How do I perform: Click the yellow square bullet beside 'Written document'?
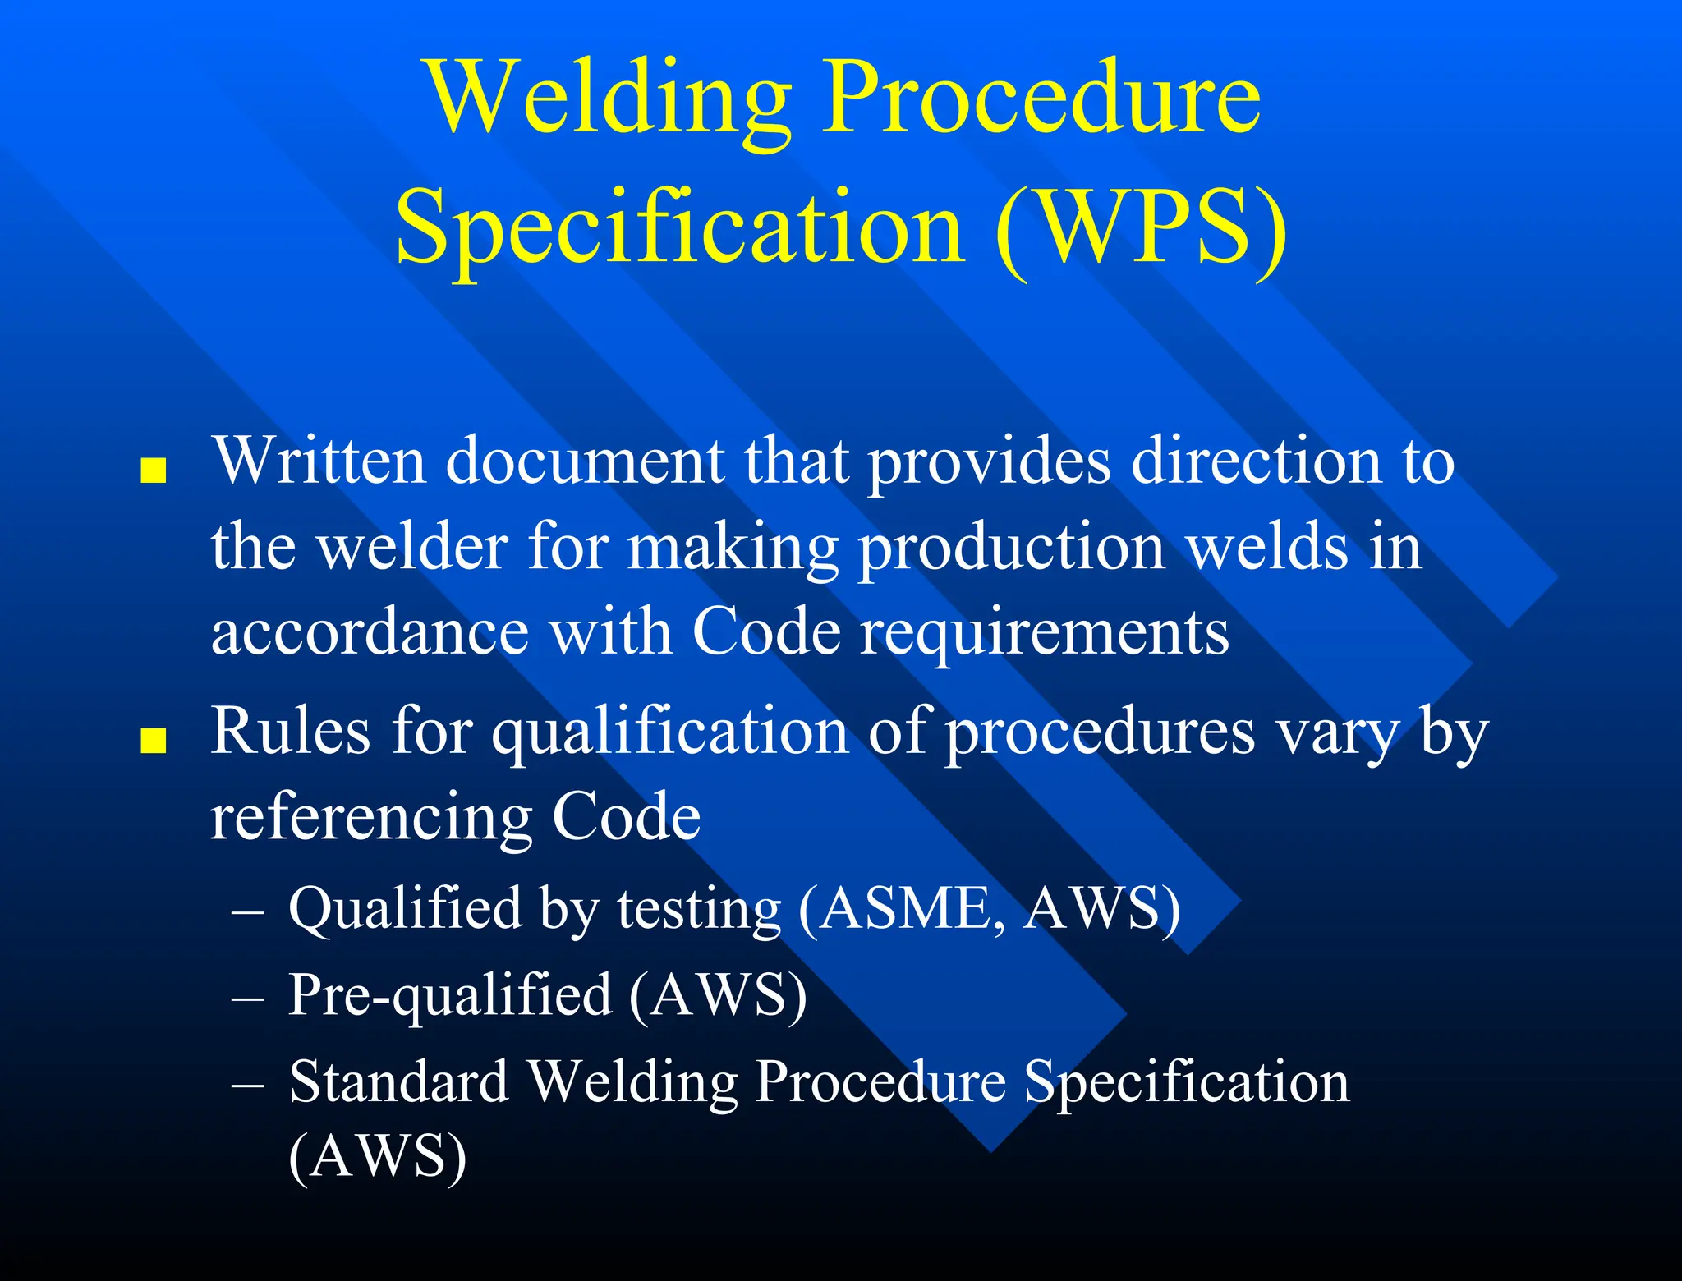(154, 471)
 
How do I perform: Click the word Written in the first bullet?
(319, 461)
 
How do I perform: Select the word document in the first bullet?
(585, 461)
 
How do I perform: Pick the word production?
(1011, 548)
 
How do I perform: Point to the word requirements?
(1044, 634)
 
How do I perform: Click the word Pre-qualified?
(450, 996)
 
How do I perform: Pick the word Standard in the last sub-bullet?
(399, 1081)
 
